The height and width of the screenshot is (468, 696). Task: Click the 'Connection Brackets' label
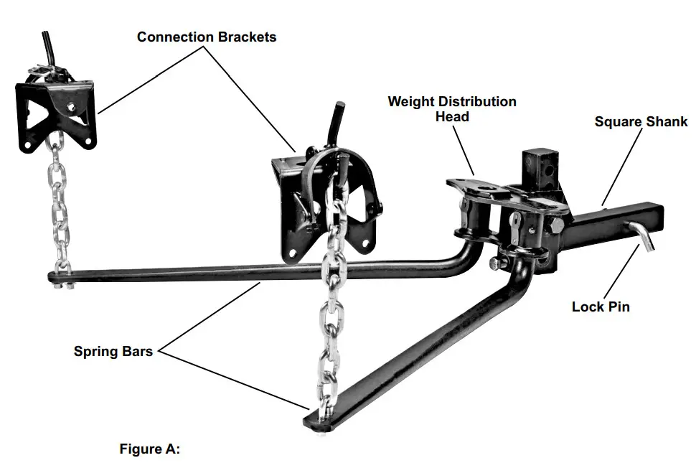(207, 37)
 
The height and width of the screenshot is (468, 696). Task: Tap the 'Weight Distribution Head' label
(452, 108)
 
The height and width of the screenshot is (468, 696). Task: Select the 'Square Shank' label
(641, 121)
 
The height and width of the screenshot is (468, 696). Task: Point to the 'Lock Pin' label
(601, 306)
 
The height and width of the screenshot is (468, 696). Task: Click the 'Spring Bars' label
(113, 352)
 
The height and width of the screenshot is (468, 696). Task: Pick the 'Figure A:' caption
(149, 449)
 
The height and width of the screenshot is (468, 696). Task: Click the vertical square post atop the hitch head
(537, 169)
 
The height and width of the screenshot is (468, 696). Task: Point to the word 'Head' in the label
(452, 116)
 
